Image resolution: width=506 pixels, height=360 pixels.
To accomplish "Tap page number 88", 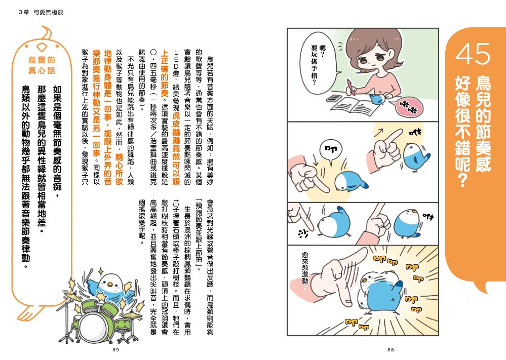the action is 391,350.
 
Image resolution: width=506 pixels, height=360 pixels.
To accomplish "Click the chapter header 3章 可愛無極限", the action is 41,12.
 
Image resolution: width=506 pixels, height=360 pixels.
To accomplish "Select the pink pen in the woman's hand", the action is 351,87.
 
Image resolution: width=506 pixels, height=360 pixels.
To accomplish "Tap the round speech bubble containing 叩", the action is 330,150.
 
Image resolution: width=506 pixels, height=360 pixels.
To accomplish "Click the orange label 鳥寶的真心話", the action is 42,65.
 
